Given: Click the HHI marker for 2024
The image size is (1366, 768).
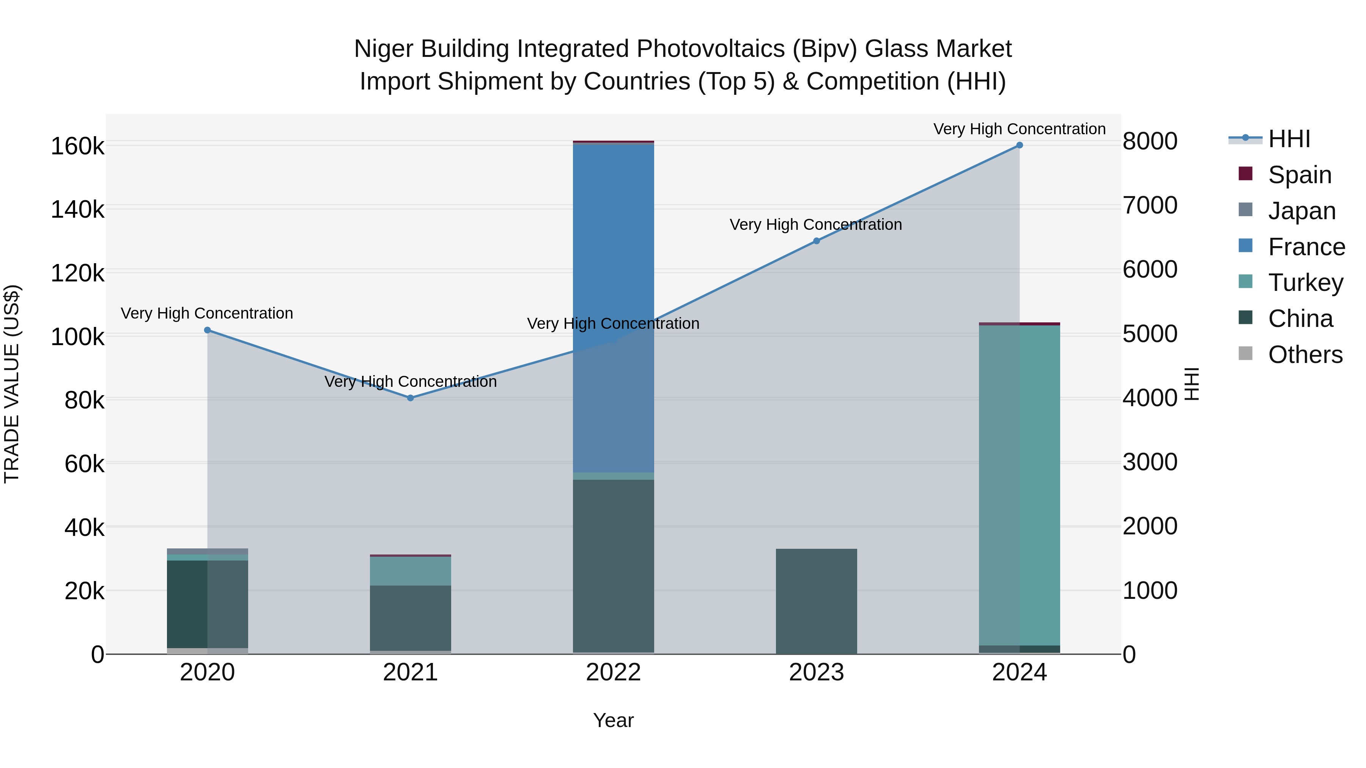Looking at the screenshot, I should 1019,145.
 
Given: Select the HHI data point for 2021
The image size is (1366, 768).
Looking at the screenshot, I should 411,398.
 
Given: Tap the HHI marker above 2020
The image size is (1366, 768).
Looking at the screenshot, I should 207,330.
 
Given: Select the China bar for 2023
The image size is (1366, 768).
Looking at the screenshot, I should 817,602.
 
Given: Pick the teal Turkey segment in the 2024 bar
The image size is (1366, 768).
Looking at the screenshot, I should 1019,485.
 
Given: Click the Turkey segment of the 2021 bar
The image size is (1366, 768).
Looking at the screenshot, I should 411,571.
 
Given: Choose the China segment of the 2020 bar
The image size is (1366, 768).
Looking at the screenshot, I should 207,604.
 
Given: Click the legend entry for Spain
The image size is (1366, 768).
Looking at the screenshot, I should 1299,175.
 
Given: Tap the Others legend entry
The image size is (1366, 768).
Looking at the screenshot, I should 1305,355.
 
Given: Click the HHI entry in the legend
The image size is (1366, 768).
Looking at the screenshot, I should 1289,139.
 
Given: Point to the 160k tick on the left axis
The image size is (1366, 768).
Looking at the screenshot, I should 77,146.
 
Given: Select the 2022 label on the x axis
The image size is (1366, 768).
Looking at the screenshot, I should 614,672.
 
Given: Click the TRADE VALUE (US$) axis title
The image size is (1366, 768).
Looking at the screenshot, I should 12,384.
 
